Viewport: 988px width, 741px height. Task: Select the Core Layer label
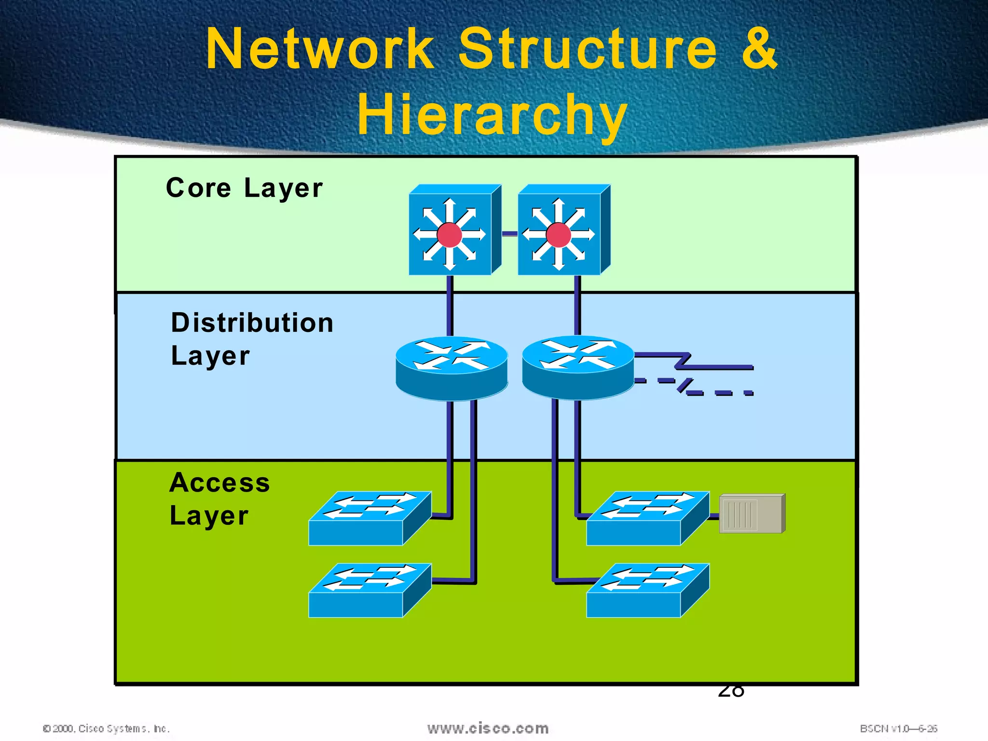pos(244,188)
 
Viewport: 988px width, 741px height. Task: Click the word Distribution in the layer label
pos(252,322)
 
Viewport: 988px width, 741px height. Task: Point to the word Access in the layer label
pos(220,482)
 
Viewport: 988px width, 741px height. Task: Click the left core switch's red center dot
pos(449,235)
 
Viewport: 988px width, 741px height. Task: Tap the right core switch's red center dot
pos(559,235)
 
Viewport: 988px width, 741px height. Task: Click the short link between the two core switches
pos(509,234)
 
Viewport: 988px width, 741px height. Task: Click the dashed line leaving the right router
pos(719,393)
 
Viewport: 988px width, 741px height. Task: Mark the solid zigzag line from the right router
pos(719,367)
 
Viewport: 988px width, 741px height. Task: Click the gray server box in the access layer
pos(752,514)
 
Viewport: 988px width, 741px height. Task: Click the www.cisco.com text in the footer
pos(488,728)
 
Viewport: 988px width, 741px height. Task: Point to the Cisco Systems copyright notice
pos(106,728)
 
